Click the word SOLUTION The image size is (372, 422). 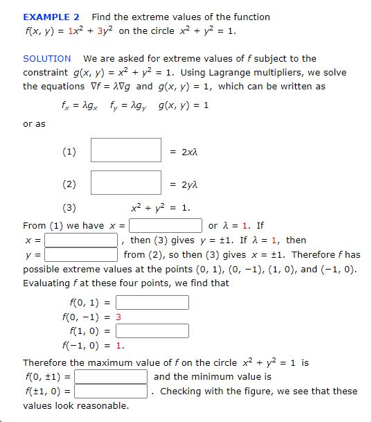[47, 59]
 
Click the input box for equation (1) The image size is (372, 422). [126, 150]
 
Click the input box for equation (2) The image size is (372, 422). [126, 183]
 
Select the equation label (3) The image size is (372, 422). [69, 207]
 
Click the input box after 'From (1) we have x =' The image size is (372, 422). [166, 226]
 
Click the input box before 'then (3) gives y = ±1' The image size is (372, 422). [81, 240]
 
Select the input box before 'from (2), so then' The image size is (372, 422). [81, 255]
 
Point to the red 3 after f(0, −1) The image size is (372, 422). [118, 317]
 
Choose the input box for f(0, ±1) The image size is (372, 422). [111, 377]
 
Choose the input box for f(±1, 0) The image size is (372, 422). [111, 392]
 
